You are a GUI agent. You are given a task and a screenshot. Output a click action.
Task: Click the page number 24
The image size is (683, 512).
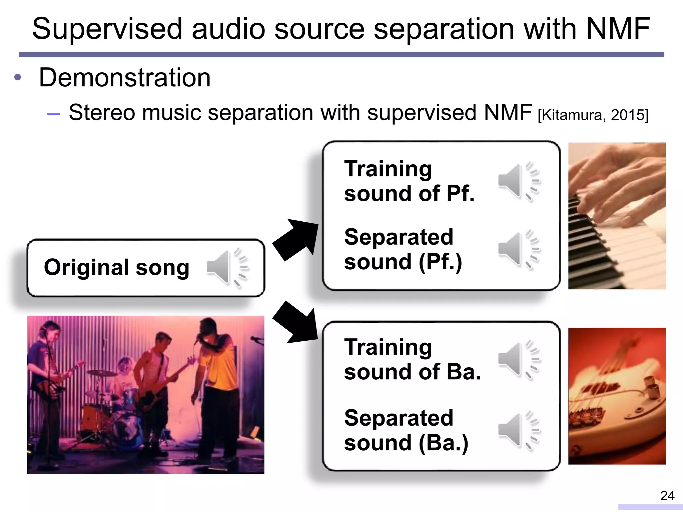tap(667, 496)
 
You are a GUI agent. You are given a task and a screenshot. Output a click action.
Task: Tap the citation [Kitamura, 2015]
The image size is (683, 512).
tap(593, 115)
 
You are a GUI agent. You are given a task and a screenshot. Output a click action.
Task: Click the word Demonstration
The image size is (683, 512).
tap(125, 78)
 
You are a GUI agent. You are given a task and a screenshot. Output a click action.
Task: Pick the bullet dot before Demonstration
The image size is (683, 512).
tap(18, 78)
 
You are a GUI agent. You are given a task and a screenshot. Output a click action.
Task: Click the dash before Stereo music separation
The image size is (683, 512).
tap(53, 114)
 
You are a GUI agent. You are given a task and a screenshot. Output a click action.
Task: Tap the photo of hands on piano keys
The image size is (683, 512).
tap(617, 216)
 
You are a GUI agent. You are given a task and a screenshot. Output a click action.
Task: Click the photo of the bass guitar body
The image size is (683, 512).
tap(617, 396)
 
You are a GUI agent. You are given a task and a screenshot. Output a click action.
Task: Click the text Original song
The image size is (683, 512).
tap(117, 267)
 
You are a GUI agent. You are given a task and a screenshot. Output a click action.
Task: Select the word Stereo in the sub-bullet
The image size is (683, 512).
tap(102, 113)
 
